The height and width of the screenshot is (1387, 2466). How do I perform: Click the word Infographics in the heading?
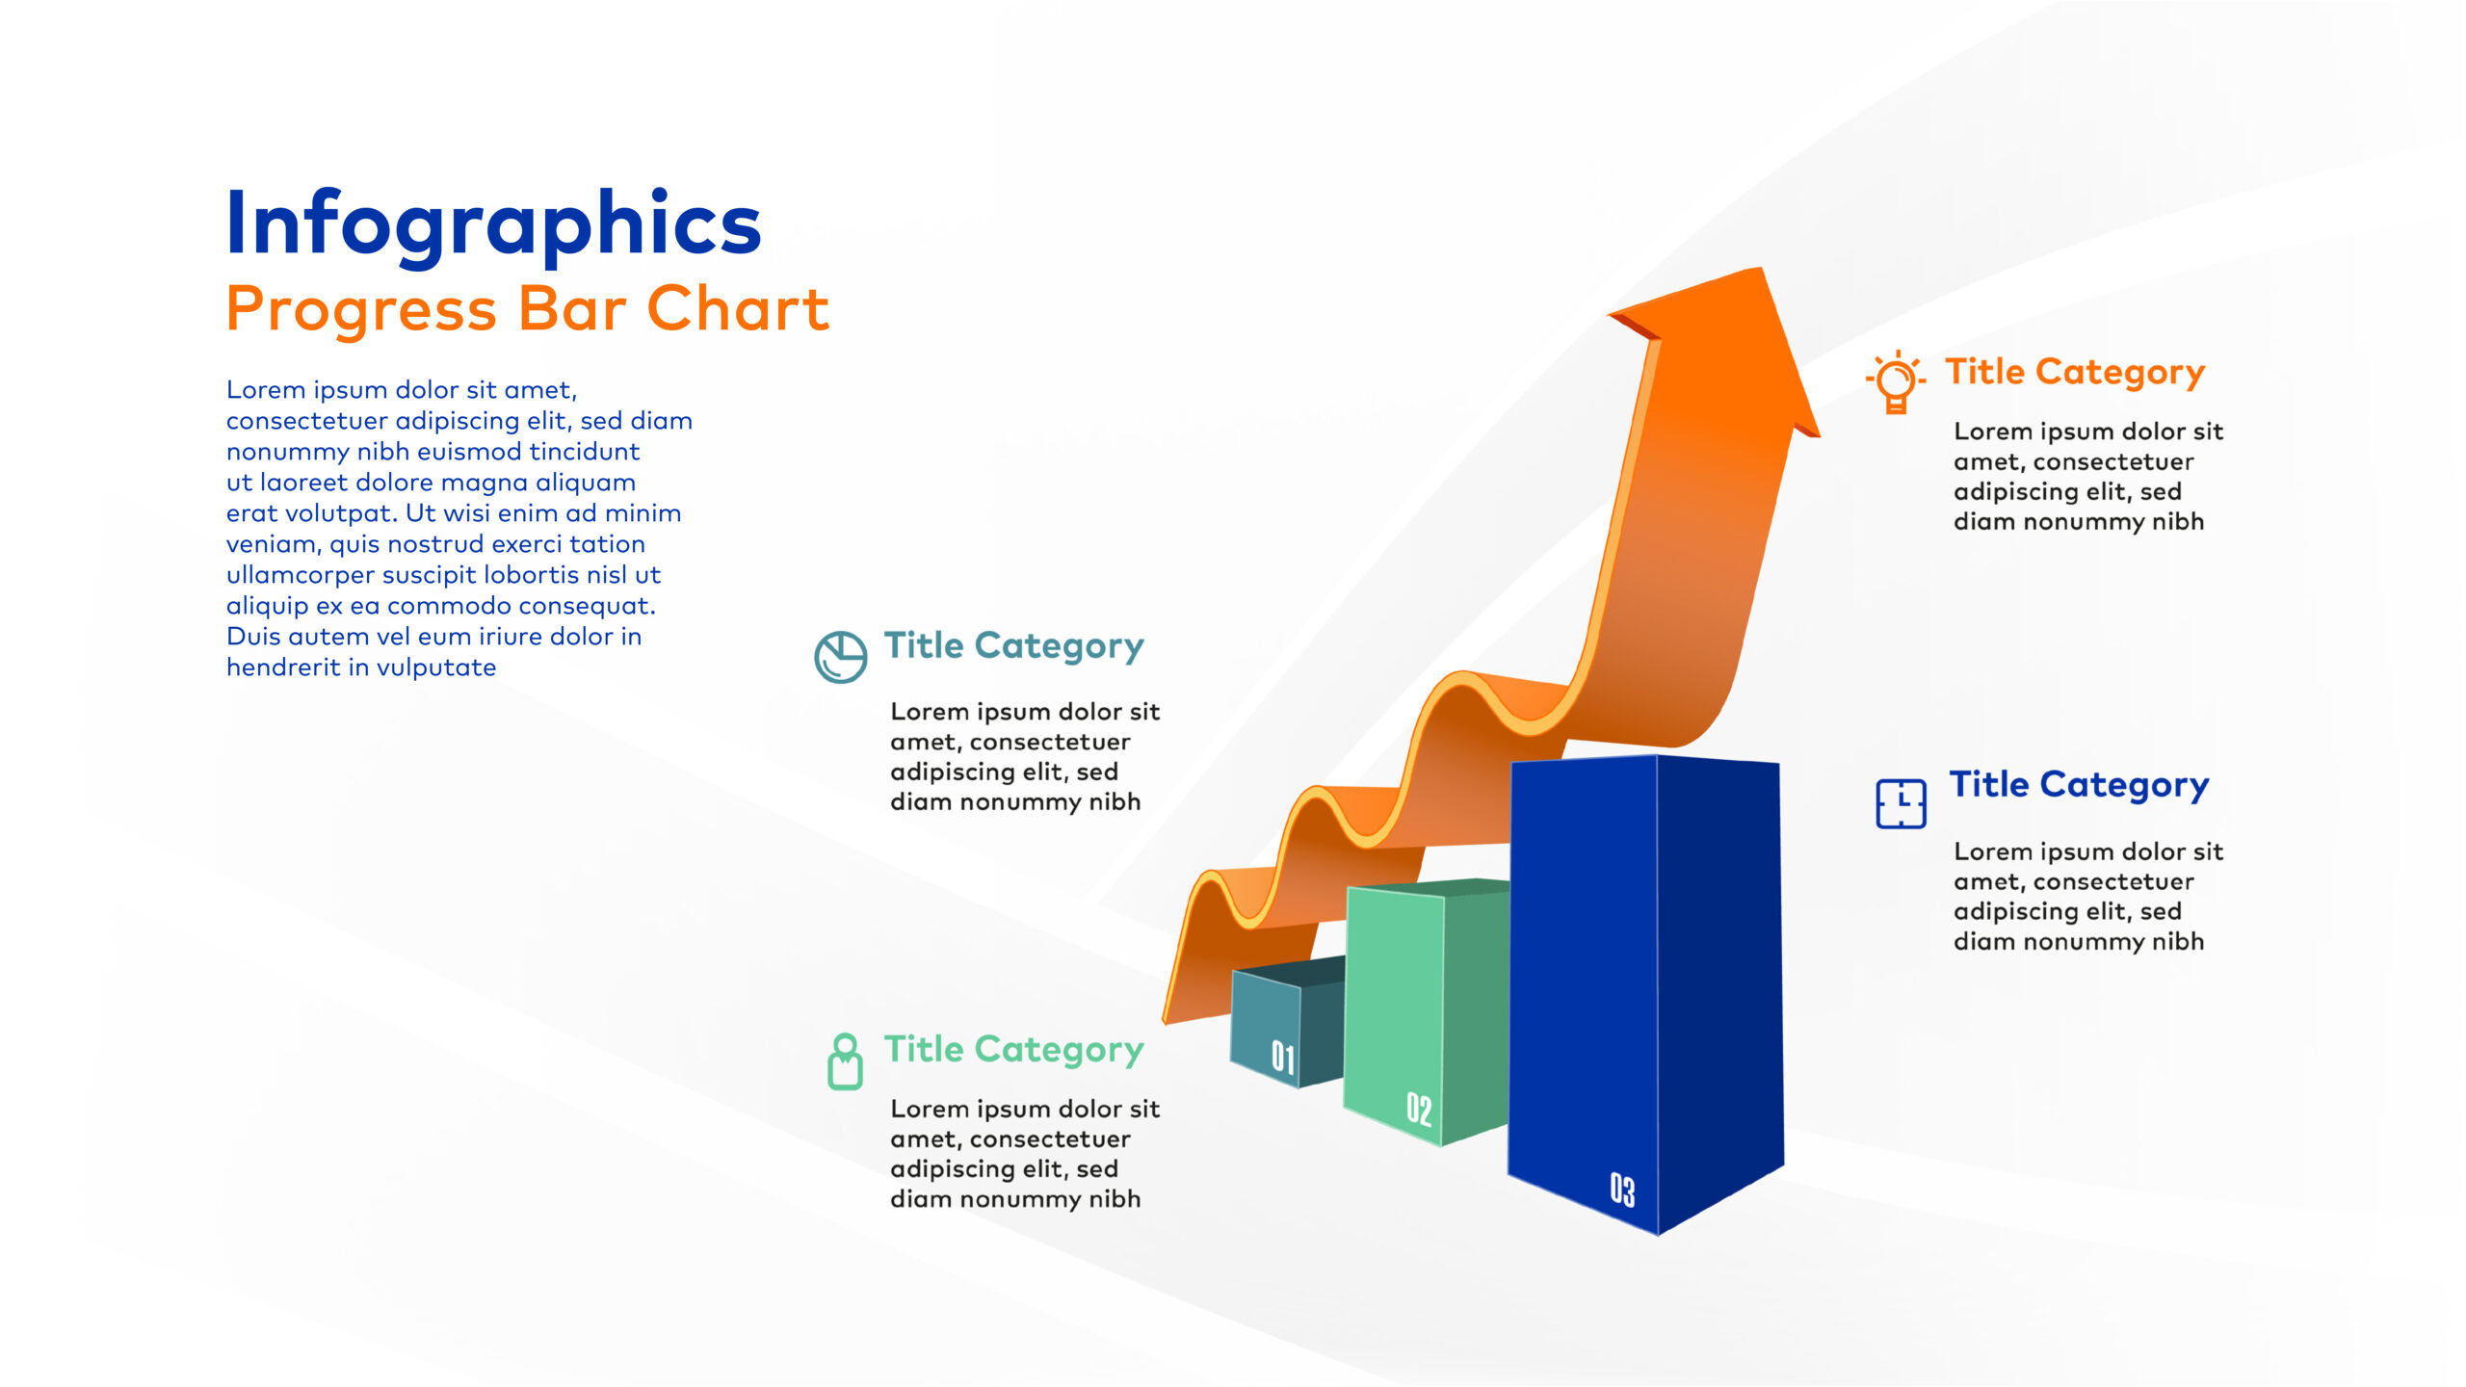(493, 225)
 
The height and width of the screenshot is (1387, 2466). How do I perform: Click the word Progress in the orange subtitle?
(361, 311)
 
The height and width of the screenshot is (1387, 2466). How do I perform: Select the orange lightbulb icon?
(1895, 381)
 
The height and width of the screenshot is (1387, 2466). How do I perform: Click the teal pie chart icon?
(840, 658)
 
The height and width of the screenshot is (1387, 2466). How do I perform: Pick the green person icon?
(845, 1061)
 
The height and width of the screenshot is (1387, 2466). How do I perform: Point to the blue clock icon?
(1901, 803)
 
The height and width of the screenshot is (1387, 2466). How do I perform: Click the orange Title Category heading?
(2075, 373)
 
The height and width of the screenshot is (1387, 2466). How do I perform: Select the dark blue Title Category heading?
(2079, 786)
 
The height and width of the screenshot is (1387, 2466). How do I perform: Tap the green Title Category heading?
(1014, 1050)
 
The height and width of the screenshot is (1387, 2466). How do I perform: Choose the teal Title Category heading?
(1014, 646)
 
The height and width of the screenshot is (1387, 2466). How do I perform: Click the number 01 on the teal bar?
(1282, 1057)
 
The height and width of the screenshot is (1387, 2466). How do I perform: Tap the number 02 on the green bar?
(1419, 1109)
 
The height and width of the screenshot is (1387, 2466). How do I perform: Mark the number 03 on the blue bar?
(1622, 1190)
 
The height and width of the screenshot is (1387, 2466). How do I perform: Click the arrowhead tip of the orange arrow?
(1762, 269)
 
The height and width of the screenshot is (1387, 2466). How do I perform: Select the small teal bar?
(1288, 1023)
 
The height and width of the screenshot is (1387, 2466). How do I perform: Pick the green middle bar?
(1426, 1011)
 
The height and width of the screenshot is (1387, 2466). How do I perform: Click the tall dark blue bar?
(1645, 992)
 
